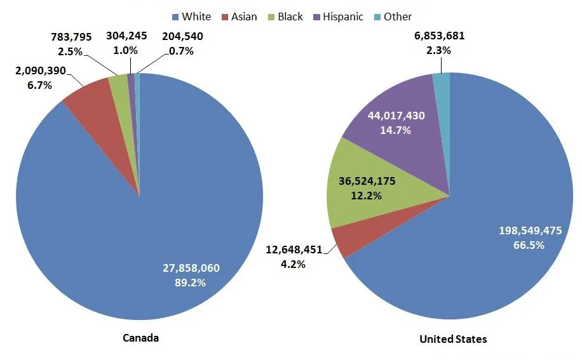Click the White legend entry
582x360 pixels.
pos(191,17)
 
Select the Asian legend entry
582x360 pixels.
pos(238,17)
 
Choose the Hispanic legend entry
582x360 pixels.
pos(336,17)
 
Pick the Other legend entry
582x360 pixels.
pos(391,17)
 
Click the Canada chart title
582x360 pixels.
pos(140,338)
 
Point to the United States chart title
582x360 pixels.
pos(453,339)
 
